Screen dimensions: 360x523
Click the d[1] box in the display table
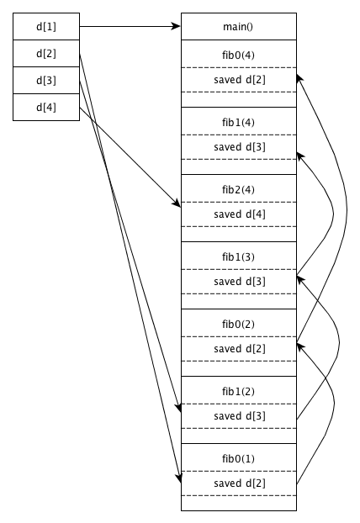[46, 26]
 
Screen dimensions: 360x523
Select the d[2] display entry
[46, 53]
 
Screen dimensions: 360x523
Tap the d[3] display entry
[46, 81]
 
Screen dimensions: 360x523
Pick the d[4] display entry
[46, 107]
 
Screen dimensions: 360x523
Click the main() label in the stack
[238, 27]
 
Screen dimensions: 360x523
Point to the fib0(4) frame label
[238, 55]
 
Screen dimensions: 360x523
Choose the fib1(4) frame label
[238, 123]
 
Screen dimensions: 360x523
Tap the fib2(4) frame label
[238, 190]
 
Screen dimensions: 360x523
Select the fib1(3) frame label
[238, 257]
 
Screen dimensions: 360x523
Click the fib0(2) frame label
[238, 325]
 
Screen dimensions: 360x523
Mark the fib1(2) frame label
[238, 392]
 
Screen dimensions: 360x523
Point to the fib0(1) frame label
[238, 459]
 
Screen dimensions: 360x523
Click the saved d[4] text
[240, 214]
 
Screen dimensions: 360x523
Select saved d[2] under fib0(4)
[240, 80]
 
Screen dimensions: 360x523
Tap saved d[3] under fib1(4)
[240, 147]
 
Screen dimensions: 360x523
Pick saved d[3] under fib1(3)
[240, 282]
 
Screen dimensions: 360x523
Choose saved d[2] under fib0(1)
[240, 483]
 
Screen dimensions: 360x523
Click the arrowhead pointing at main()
[176, 26]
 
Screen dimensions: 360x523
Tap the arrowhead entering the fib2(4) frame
[177, 203]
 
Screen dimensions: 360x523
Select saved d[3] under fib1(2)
[240, 416]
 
